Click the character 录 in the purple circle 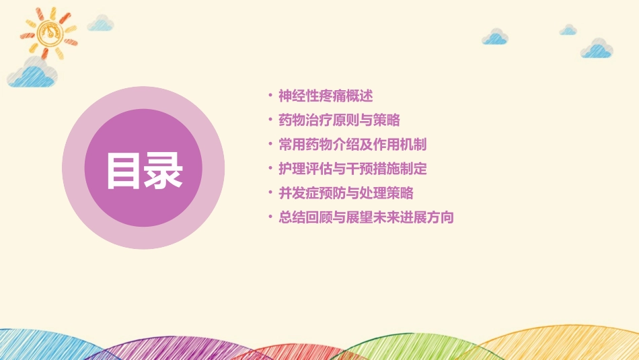163,172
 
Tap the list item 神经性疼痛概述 326,96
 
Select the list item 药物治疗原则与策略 339,120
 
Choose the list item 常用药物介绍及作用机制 352,145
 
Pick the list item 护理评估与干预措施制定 352,169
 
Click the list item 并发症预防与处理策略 346,193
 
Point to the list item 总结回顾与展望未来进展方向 366,217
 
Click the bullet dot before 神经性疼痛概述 270,96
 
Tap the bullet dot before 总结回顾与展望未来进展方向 270,217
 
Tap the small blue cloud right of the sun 101,24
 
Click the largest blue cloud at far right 597,48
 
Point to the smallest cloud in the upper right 568,30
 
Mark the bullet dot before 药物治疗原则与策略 270,120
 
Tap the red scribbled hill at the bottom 283,351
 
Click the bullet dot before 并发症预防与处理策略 270,193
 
